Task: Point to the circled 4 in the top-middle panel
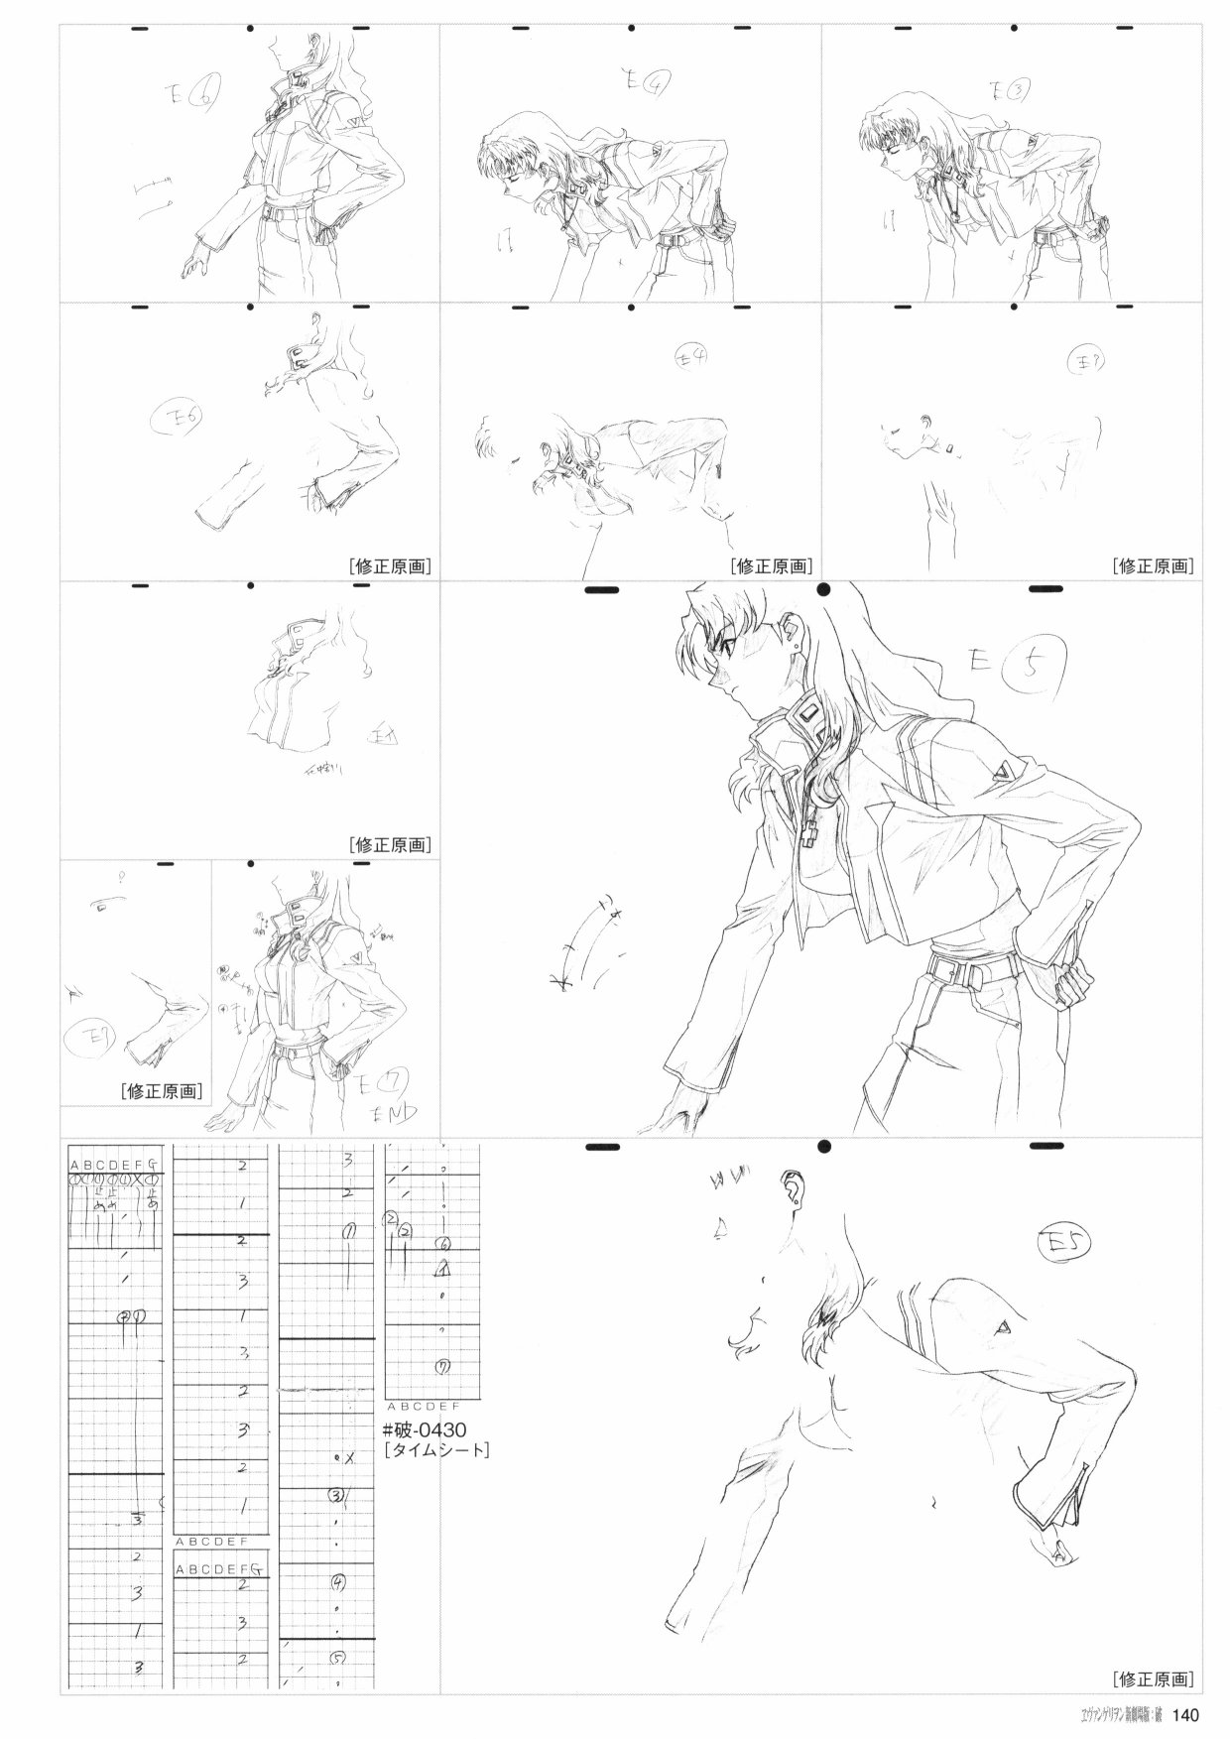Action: pyautogui.click(x=654, y=85)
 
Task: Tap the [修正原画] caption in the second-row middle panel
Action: pyautogui.click(x=772, y=566)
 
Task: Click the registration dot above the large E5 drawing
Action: pyautogui.click(x=823, y=590)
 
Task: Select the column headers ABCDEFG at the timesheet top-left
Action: pyautogui.click(x=114, y=1164)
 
